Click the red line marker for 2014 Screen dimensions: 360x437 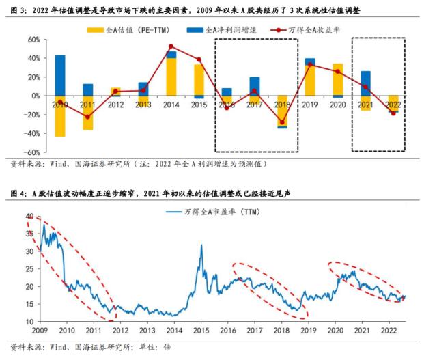click(171, 46)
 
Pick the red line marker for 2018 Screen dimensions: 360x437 click(281, 123)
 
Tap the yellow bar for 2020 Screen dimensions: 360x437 click(337, 79)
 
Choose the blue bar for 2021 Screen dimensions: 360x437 click(365, 83)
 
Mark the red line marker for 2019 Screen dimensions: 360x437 click(309, 65)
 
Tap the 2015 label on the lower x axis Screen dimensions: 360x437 click(201, 331)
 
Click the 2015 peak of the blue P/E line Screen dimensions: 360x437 click(201, 245)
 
